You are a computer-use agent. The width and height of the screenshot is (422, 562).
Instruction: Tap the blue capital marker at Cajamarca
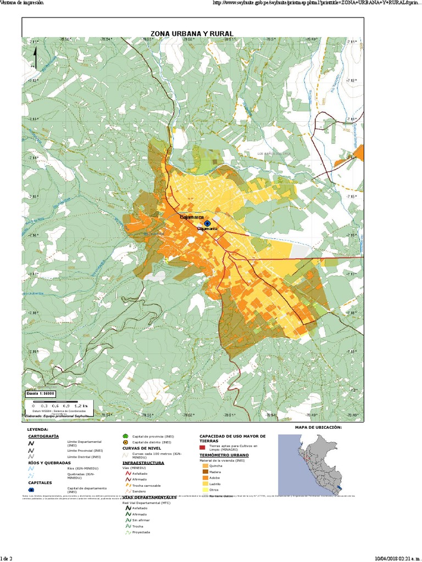[x=207, y=224]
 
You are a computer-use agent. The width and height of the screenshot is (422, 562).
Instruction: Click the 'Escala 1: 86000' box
[x=40, y=394]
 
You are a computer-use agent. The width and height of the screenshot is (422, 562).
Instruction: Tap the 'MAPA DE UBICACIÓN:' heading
[x=318, y=427]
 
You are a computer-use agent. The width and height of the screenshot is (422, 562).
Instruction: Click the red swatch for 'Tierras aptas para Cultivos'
[x=202, y=447]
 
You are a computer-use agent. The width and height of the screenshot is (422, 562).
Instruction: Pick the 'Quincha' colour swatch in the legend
[x=206, y=465]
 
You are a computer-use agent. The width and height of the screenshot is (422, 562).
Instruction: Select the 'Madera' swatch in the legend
[x=206, y=471]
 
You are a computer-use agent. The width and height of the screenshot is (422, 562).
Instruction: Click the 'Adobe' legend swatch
[x=206, y=477]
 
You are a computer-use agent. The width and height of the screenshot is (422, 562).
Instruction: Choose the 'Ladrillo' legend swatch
[x=206, y=484]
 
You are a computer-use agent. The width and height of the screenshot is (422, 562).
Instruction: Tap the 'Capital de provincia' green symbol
[x=125, y=436]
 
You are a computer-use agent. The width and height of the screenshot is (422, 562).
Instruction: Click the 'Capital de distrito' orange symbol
[x=125, y=442]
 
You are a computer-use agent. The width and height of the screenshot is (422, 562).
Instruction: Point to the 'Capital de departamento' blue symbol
[x=31, y=489]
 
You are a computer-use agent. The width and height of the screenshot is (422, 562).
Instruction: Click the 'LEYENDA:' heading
[x=38, y=429]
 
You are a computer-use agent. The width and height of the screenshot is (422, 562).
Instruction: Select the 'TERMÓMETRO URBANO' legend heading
[x=224, y=455]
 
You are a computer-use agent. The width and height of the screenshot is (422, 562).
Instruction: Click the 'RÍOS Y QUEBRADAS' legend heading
[x=49, y=463]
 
